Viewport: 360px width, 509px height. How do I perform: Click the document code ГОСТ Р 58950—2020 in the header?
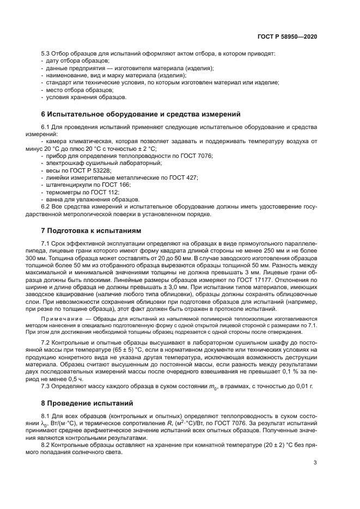point(287,36)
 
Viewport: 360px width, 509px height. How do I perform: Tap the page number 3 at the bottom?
point(315,463)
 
